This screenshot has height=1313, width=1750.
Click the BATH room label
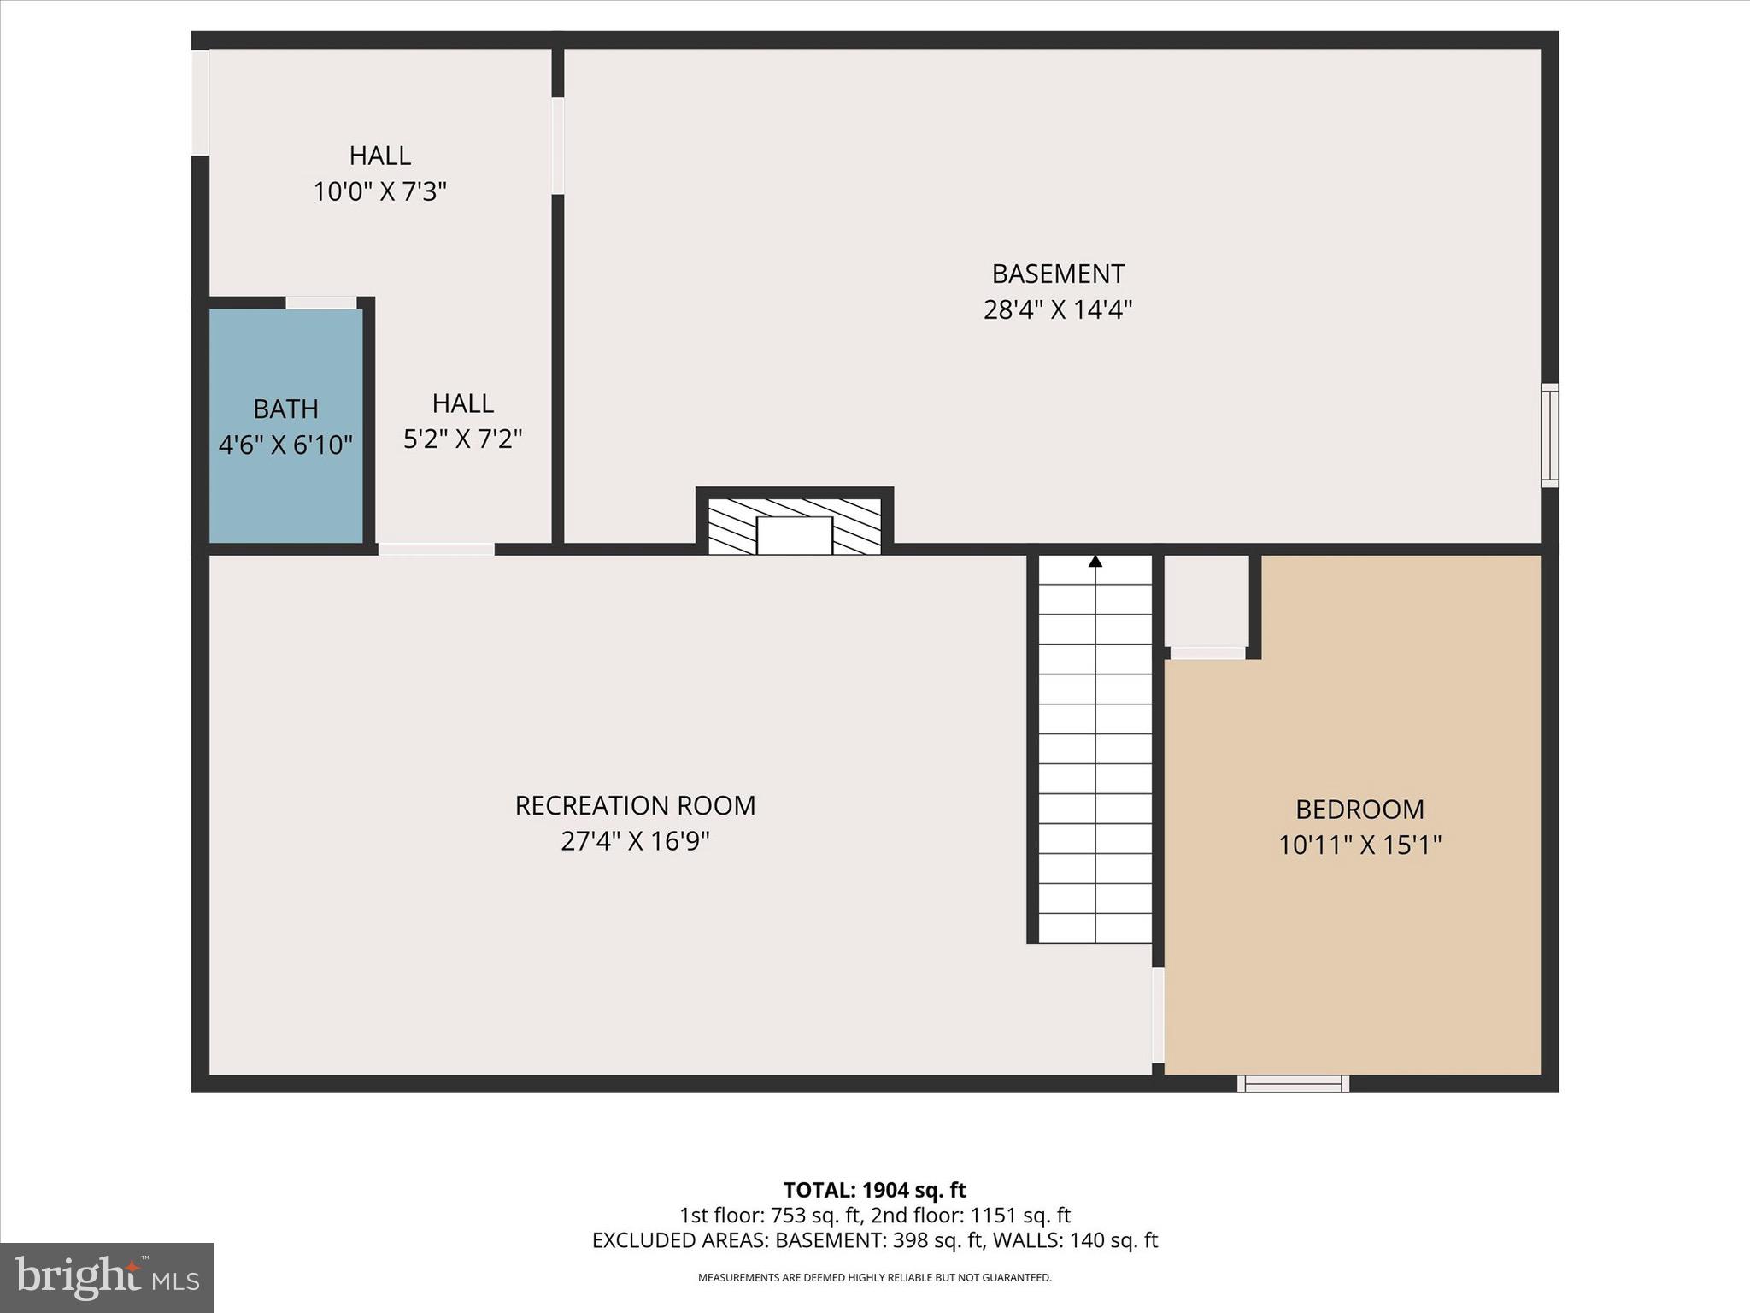(285, 409)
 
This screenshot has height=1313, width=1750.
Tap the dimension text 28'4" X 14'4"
(1057, 309)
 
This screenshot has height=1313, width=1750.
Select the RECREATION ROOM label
(635, 805)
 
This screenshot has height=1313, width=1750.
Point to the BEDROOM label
(1359, 809)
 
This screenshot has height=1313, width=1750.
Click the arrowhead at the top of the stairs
(1095, 562)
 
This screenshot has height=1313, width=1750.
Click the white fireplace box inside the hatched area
(795, 535)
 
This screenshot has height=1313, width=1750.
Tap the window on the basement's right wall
(1549, 436)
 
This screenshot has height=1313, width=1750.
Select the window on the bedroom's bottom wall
(1293, 1084)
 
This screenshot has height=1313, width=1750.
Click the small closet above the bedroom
(1207, 600)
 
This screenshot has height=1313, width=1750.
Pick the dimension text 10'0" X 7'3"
(379, 191)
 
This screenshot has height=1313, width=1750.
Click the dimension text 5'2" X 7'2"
(462, 439)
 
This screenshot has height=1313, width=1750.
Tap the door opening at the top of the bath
(320, 303)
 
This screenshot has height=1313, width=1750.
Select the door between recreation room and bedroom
(1158, 1015)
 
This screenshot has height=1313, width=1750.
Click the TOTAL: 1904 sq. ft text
(874, 1190)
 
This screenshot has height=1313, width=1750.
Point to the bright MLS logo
(106, 1277)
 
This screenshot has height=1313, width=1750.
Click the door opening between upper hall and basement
(558, 146)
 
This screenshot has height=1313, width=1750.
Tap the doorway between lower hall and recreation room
(436, 549)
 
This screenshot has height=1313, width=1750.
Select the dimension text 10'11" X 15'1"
(1359, 845)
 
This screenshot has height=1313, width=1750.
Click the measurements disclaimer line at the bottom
(874, 1278)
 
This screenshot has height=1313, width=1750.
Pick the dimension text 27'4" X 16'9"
(635, 842)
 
